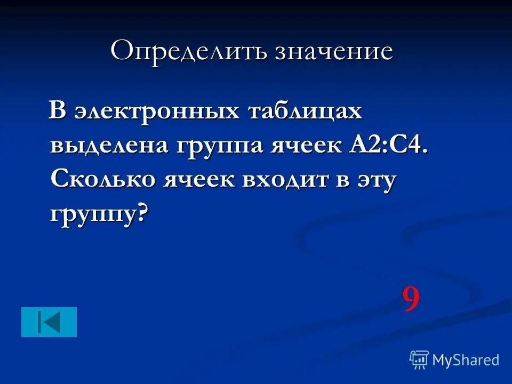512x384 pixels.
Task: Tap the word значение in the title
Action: (334, 51)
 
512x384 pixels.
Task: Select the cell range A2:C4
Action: (388, 146)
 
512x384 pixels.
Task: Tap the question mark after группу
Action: (142, 212)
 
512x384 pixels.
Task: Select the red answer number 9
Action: (411, 300)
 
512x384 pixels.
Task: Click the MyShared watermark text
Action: (466, 360)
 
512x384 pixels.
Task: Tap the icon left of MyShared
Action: (419, 360)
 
